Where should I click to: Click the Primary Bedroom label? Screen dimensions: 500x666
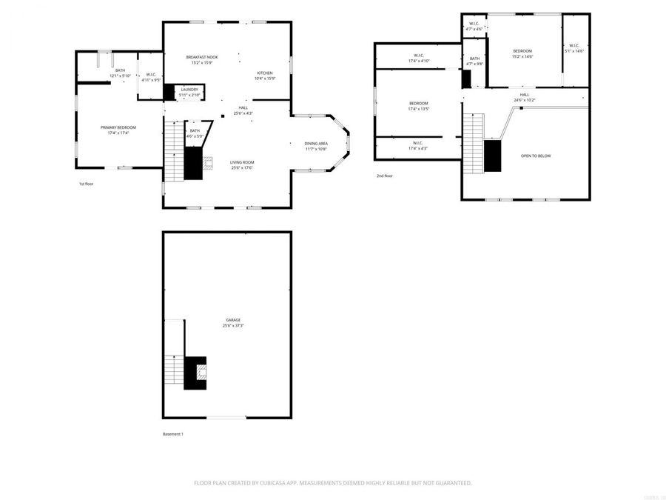click(x=118, y=127)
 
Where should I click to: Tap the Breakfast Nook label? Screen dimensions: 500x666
click(x=201, y=57)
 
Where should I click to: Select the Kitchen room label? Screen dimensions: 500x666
click(x=265, y=73)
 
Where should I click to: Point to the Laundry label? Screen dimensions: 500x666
click(x=189, y=89)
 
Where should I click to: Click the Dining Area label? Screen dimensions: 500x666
click(x=316, y=143)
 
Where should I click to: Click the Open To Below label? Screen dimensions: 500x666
click(x=536, y=156)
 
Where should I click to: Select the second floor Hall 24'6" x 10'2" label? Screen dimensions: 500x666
click(x=524, y=95)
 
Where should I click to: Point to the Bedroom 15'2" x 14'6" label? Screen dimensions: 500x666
click(x=522, y=50)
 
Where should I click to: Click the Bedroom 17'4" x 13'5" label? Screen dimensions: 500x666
click(x=418, y=103)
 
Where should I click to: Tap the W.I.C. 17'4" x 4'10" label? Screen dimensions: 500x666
click(x=418, y=56)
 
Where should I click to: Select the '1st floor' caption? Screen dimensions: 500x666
click(x=86, y=184)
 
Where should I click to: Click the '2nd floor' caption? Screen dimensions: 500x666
click(x=384, y=176)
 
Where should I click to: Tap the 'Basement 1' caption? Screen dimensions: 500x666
click(x=173, y=434)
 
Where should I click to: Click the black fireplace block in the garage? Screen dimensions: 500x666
click(x=196, y=373)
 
